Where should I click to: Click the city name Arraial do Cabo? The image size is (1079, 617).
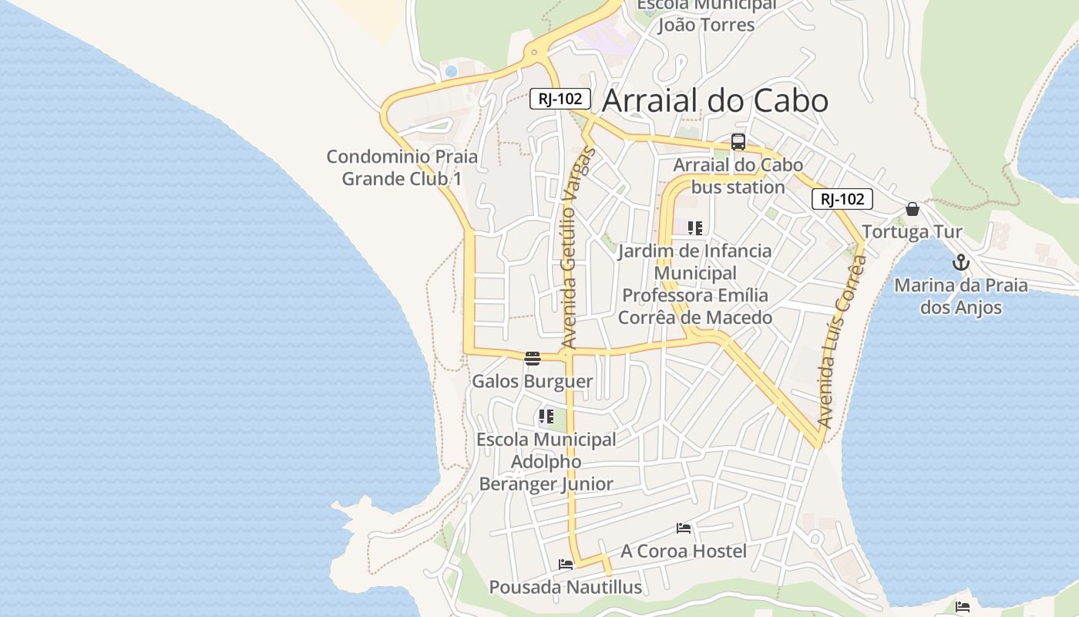point(714,101)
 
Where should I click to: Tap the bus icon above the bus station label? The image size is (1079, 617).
point(738,142)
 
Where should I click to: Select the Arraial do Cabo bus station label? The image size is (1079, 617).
point(738,176)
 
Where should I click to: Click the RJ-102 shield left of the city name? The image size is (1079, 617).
point(560,99)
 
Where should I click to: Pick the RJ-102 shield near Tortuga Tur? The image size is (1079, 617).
point(842,199)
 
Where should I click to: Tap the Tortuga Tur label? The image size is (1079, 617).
point(912,232)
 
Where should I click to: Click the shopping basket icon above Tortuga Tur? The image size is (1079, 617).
point(913,209)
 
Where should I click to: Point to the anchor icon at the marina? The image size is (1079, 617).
point(960,263)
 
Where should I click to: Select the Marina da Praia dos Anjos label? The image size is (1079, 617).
point(960,296)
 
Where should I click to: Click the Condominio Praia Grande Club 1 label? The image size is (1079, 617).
point(402,167)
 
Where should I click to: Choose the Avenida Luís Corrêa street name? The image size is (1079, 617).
point(841,342)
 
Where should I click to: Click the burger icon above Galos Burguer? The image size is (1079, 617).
point(533,358)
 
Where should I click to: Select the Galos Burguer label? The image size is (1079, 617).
point(533,381)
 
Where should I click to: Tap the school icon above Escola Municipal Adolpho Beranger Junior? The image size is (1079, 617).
point(546,417)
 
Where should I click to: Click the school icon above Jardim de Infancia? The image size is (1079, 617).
point(695,228)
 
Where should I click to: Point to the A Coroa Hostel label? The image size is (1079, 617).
point(684,551)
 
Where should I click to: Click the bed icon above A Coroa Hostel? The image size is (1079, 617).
point(684,528)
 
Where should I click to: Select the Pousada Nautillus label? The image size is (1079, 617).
point(566,587)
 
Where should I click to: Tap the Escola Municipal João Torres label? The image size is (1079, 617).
point(706,15)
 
